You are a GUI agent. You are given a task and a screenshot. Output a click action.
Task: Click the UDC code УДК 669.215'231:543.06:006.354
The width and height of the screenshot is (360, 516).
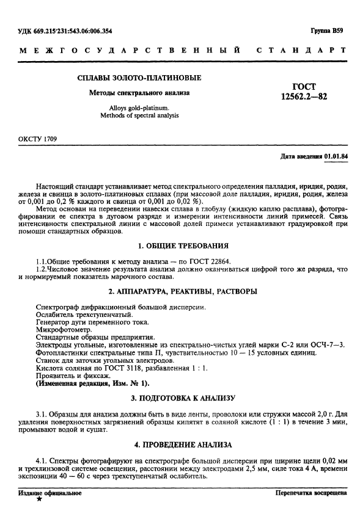point(66,30)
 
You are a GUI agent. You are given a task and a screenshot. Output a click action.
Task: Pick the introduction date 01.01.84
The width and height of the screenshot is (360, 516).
point(336,157)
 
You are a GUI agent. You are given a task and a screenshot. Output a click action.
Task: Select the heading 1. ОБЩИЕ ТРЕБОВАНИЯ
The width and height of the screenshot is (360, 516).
point(183,245)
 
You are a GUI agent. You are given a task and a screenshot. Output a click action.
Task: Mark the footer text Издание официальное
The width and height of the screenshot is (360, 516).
point(45,492)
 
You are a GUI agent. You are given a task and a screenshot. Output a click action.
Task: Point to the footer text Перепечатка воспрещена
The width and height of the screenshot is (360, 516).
point(312,492)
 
